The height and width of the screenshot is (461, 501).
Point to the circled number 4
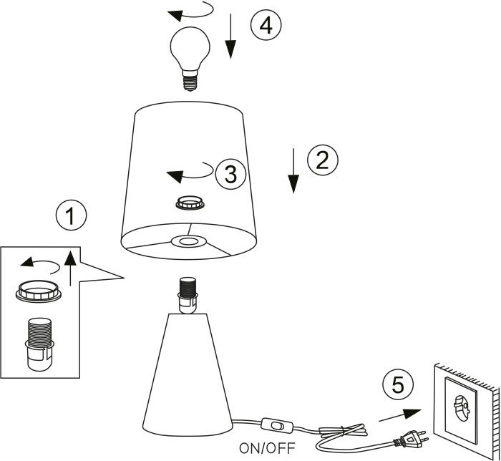[266, 26]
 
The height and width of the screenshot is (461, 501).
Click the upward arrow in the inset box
[69, 268]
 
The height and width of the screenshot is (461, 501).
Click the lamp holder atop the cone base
[188, 294]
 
